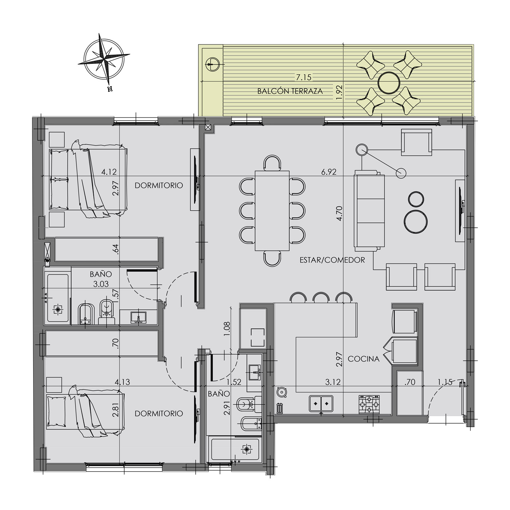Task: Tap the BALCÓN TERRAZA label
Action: [290, 91]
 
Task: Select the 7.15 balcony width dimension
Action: [303, 77]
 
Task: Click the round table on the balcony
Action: [389, 83]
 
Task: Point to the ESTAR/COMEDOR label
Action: [332, 260]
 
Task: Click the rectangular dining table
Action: [272, 211]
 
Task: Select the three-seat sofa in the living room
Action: [369, 211]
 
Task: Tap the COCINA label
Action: [364, 359]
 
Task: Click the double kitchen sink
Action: [321, 404]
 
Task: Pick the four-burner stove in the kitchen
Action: [369, 404]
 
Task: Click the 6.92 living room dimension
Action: [329, 172]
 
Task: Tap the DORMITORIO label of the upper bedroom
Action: [159, 185]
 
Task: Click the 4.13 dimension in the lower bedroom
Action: [122, 382]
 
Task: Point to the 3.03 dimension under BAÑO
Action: [101, 284]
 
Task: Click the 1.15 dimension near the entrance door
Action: [445, 382]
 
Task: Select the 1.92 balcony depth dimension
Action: [339, 92]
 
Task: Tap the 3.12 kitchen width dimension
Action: [333, 382]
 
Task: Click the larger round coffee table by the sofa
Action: [416, 222]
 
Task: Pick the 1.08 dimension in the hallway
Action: [227, 329]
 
